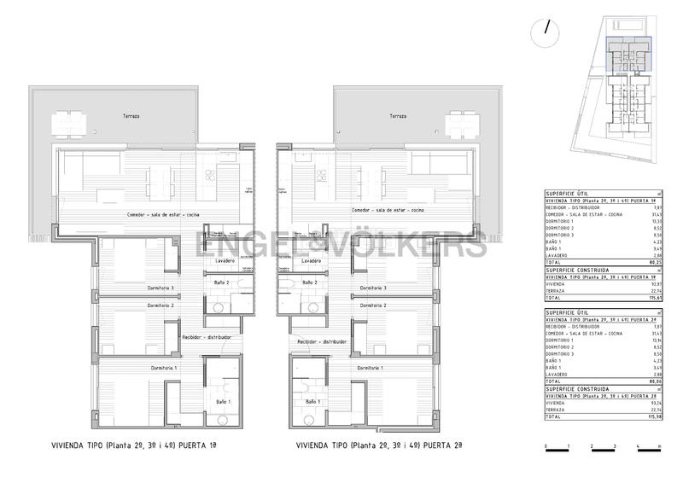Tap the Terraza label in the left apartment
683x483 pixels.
point(131,115)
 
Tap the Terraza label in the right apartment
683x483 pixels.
point(397,115)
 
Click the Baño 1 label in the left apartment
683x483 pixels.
point(223,401)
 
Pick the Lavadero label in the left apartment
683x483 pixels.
point(225,260)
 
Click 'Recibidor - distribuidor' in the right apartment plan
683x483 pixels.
point(322,341)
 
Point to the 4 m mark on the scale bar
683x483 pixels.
point(637,448)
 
